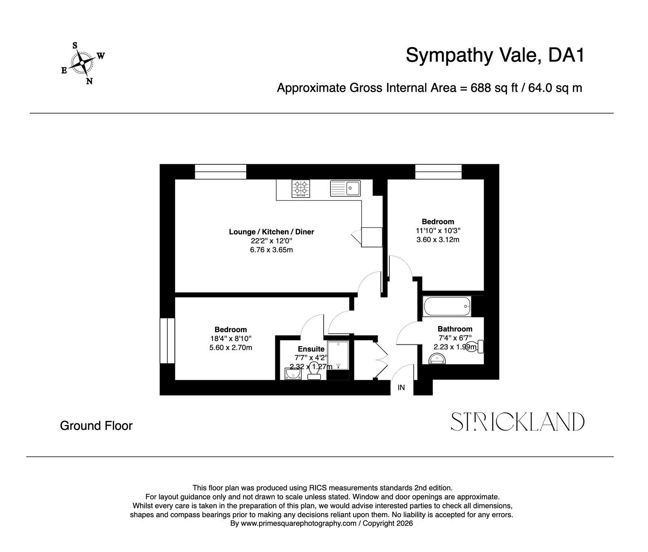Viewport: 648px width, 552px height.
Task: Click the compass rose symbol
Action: coord(82,63)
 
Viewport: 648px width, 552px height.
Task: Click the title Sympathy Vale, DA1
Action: coord(495,55)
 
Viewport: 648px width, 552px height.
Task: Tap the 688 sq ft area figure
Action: coord(494,88)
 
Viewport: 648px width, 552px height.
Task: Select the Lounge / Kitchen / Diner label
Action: coord(271,232)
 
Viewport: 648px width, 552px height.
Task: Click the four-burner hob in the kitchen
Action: coord(301,189)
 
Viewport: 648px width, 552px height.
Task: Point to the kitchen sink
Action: coord(345,188)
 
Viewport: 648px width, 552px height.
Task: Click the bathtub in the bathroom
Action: coord(447,307)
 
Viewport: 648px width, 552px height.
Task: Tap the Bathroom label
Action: coord(455,329)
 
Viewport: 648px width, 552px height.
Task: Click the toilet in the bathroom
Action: coord(475,347)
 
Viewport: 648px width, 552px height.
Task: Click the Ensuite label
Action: coord(311,349)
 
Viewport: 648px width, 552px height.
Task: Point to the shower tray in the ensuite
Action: coord(338,355)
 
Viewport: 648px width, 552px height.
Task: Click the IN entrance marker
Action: coord(401,388)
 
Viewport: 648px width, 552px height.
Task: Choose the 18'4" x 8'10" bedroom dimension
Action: coord(230,339)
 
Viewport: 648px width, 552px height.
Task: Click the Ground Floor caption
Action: coord(96,426)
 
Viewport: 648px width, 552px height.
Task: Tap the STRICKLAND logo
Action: coord(518,422)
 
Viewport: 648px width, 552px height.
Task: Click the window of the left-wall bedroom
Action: coord(167,341)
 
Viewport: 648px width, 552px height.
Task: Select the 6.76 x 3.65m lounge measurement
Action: coord(271,250)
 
